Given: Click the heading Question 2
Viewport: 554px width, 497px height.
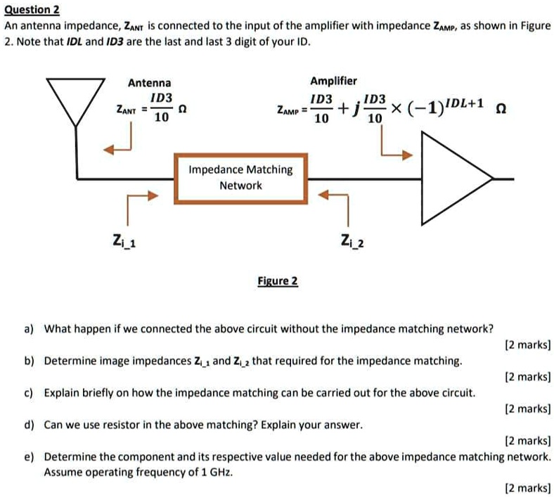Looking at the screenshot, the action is tap(32, 10).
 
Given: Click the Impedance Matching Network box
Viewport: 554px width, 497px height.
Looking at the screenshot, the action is tap(240, 177).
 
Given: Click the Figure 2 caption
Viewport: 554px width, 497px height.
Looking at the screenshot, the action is tap(277, 281).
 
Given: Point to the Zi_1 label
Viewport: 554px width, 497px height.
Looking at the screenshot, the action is tap(125, 243).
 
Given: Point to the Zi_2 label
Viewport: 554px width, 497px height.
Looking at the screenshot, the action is tap(352, 243).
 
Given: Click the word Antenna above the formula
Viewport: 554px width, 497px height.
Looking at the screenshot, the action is tap(149, 83).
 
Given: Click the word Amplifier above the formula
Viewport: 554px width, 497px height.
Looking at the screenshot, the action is tap(333, 82).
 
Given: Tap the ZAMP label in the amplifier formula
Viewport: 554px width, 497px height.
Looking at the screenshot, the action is tap(288, 110).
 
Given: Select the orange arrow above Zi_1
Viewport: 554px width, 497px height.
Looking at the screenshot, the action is tap(137, 204).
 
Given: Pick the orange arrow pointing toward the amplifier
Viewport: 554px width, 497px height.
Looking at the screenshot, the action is tap(394, 146).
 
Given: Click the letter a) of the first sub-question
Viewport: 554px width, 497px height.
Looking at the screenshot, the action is tap(29, 328).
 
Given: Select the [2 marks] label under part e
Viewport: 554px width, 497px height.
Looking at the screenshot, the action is tap(527, 487).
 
